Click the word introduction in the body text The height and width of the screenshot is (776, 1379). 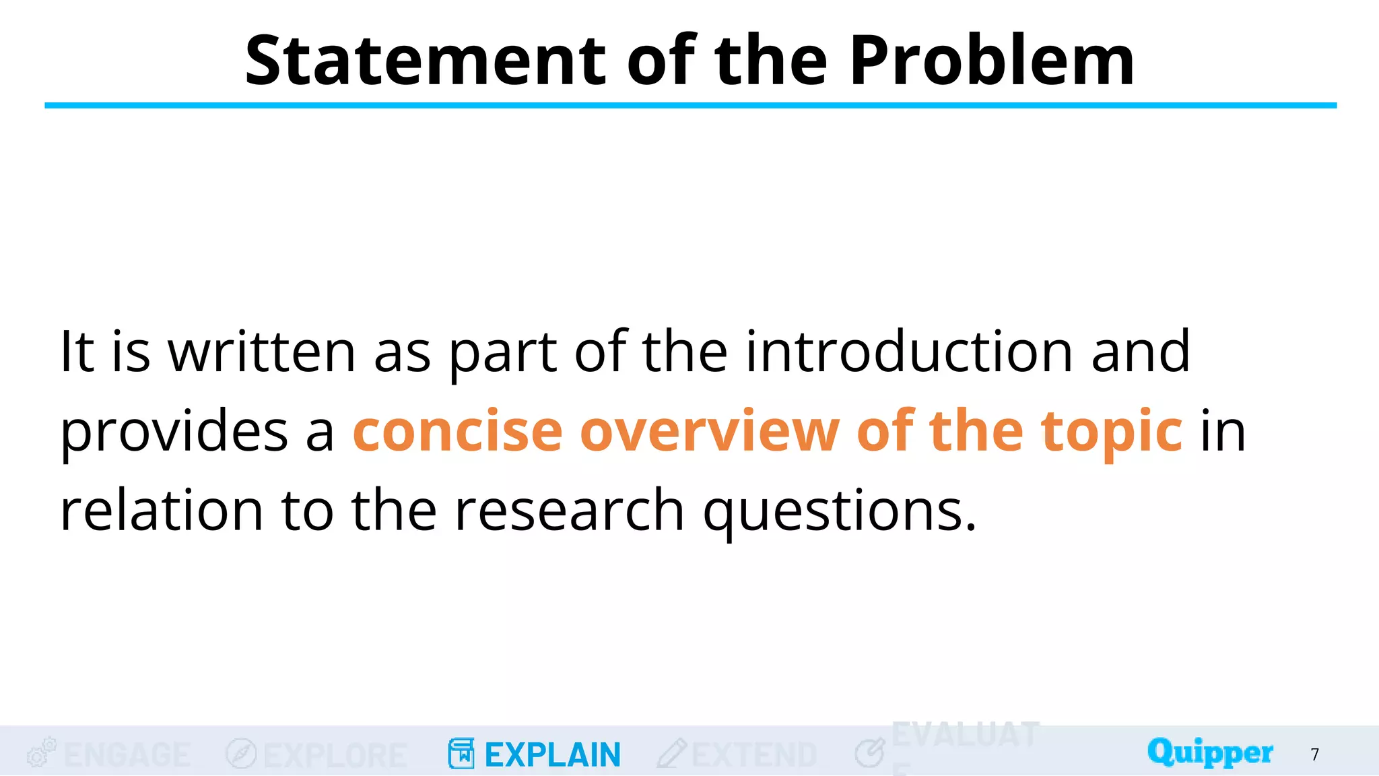click(x=909, y=351)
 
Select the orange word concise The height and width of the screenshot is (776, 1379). click(x=458, y=431)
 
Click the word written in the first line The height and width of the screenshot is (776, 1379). click(x=262, y=351)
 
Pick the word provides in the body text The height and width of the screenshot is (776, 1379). click(x=174, y=431)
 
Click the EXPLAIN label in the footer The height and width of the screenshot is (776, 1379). click(x=552, y=754)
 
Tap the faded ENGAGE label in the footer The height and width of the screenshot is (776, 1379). click(x=127, y=754)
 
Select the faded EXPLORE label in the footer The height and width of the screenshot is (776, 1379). click(x=335, y=755)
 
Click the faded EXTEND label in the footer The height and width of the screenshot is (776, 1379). click(x=754, y=754)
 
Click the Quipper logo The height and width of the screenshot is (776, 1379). click(x=1210, y=752)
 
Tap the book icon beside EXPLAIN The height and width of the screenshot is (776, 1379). click(x=461, y=753)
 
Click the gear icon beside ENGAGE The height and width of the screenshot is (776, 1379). click(x=41, y=752)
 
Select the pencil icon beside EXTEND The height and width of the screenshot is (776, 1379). click(x=672, y=753)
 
